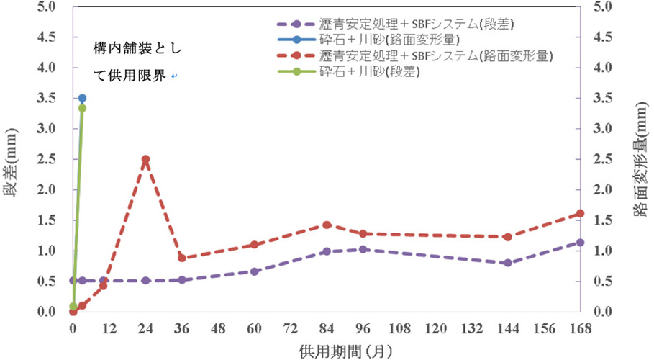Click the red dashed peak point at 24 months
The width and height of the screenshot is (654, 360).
coord(145,159)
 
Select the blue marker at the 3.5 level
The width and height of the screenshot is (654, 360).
coord(82,98)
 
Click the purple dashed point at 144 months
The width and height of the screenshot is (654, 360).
coord(507,263)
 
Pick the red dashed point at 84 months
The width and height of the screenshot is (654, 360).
coord(327,225)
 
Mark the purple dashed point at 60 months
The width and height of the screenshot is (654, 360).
coord(254,271)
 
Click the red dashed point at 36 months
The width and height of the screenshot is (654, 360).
coord(182,258)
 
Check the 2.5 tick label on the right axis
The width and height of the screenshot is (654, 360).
coord(603,159)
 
